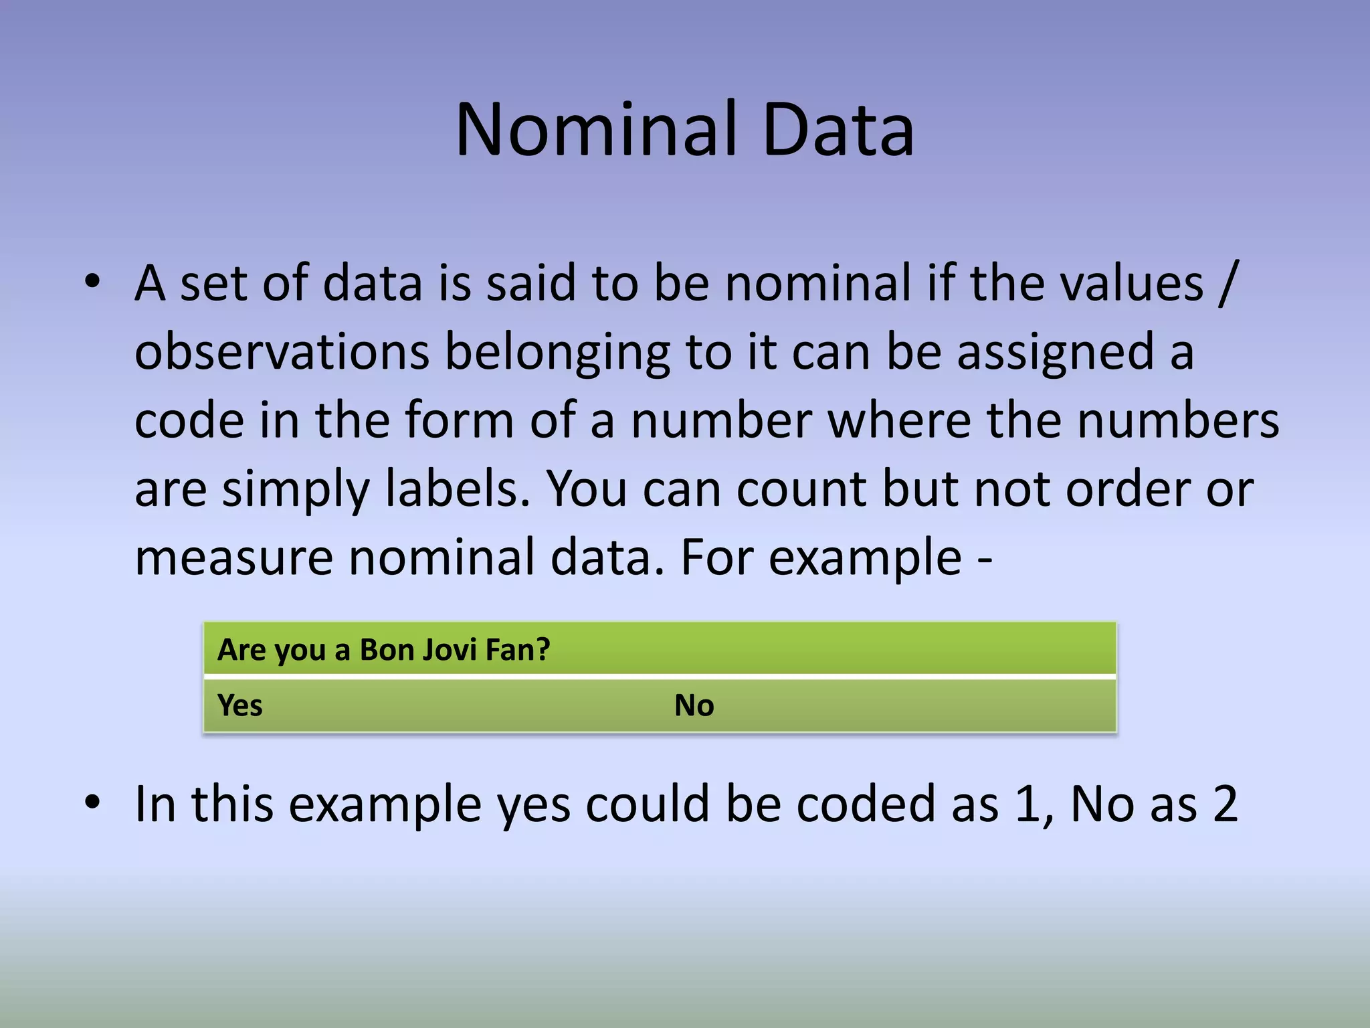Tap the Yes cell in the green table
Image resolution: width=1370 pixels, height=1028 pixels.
240,705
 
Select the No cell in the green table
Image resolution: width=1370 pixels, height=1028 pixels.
694,705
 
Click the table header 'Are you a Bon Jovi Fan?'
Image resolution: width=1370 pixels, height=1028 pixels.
383,650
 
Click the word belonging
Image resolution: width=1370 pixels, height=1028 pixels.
557,353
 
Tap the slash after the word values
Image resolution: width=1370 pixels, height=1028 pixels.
1228,283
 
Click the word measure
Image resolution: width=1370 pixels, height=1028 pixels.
234,558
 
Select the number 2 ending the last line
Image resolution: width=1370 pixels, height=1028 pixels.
1224,804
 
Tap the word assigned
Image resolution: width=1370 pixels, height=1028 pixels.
1055,353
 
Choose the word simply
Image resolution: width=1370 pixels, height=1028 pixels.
295,489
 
